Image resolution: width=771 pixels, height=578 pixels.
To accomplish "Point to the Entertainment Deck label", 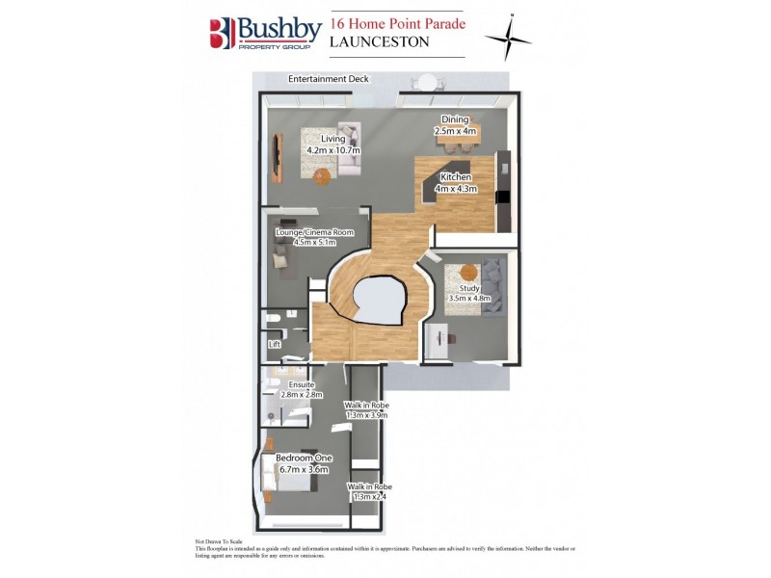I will (328, 79).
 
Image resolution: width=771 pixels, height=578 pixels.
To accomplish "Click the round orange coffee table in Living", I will (321, 175).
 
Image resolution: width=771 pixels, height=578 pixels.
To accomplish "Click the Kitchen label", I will (456, 178).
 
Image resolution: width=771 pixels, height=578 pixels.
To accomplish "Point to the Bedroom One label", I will (303, 458).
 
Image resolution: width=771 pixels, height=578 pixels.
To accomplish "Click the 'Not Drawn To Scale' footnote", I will (216, 542).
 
